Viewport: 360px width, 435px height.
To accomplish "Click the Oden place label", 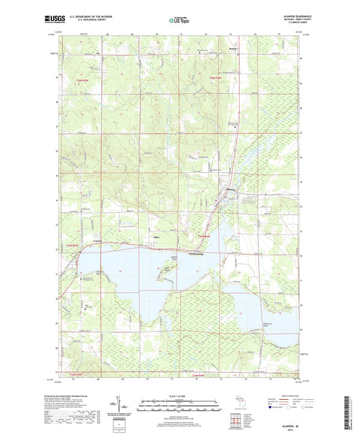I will (x=155, y=236).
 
